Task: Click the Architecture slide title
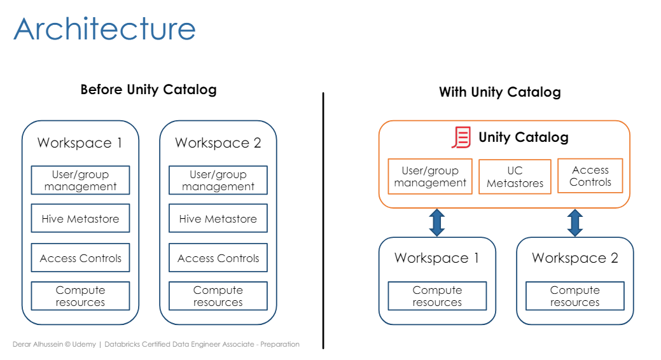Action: [104, 29]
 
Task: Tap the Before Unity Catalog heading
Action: [148, 90]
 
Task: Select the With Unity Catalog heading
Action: [500, 92]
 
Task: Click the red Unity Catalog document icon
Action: [461, 137]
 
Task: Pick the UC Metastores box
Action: [515, 177]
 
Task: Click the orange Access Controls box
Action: [590, 176]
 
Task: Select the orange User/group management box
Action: [430, 176]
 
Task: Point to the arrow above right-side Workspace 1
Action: [437, 223]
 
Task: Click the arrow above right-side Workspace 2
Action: [575, 223]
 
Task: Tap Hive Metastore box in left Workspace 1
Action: [80, 218]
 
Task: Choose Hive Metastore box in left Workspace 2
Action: [218, 218]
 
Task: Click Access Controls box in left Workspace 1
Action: [80, 258]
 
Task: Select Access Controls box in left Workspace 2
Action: [218, 258]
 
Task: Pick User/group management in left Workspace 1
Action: [80, 180]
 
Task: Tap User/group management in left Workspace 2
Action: [218, 180]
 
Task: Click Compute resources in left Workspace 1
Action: [80, 296]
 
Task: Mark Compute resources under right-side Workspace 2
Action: [575, 296]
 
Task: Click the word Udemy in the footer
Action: [84, 344]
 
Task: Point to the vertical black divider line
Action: [323, 221]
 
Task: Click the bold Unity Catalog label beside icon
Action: [524, 137]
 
